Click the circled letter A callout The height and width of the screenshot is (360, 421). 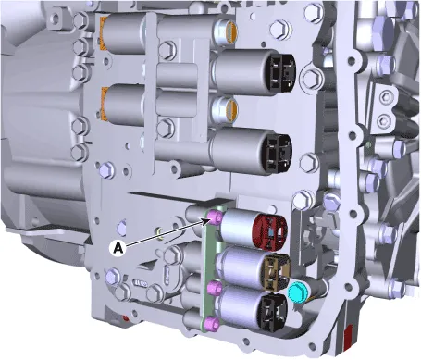coord(118,248)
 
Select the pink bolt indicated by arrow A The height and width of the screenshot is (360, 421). coord(215,218)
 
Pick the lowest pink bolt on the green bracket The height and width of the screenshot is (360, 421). coord(213,323)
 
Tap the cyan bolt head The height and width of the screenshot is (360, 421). coord(295,292)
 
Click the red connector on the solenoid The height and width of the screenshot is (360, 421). coord(269,230)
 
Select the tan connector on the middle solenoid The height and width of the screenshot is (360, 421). coord(276,272)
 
